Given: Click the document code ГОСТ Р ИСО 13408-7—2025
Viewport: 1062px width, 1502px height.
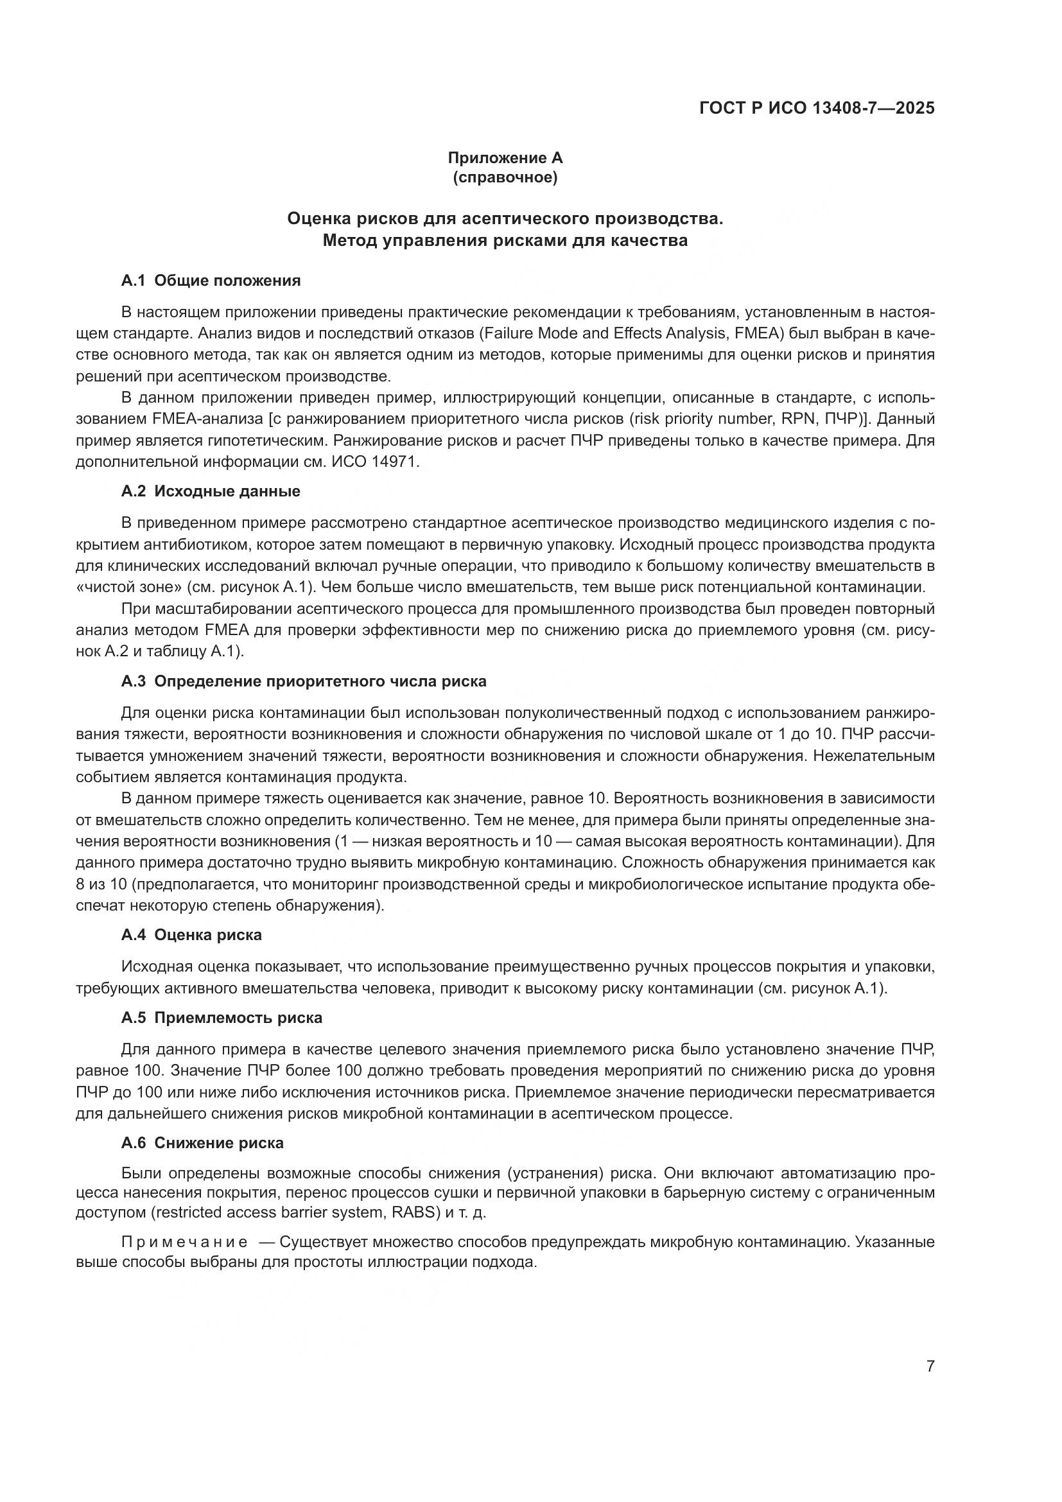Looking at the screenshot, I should (x=817, y=108).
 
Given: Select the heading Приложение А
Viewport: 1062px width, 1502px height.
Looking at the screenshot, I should (x=505, y=158).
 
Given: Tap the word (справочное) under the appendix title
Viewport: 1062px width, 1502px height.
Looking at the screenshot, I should (x=505, y=177).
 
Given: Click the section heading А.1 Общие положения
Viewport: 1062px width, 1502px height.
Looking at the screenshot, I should (x=211, y=281).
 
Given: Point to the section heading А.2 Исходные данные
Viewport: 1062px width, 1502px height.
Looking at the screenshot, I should (x=211, y=491).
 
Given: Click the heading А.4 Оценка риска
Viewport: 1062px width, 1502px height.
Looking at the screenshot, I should (x=191, y=935).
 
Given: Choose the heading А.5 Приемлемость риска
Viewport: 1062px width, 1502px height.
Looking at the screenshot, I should (x=222, y=1018).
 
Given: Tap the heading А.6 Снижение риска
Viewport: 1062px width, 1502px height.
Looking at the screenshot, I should (x=202, y=1143).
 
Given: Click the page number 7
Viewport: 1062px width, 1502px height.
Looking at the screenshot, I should (x=930, y=1366).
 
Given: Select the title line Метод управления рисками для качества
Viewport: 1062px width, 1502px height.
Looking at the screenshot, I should (x=505, y=241).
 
